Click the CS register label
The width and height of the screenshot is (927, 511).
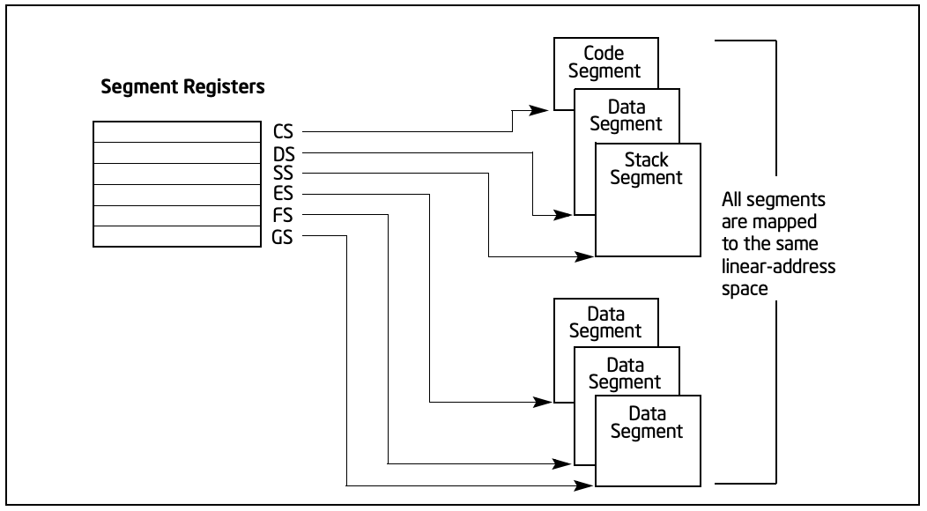(x=283, y=131)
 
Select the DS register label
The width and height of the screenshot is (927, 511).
(x=284, y=154)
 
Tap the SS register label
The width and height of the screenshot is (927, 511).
(x=283, y=174)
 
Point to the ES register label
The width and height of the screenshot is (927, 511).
(x=283, y=194)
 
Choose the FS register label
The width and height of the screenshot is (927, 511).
(x=283, y=215)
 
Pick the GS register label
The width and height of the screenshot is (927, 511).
(x=282, y=237)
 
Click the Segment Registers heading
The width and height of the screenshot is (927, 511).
(x=182, y=87)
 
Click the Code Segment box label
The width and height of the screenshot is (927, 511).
(x=604, y=62)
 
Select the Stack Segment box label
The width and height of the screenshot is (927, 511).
(x=646, y=168)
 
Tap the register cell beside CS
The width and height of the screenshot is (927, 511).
(x=177, y=132)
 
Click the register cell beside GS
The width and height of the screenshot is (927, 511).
(x=177, y=236)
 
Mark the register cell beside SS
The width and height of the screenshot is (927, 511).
(x=177, y=174)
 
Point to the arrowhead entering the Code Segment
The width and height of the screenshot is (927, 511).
(x=538, y=110)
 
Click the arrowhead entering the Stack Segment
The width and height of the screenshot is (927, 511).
(x=584, y=256)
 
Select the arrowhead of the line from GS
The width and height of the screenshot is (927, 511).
(x=584, y=485)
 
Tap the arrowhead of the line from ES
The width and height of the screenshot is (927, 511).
(x=543, y=402)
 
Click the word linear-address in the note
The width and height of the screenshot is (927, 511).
(x=779, y=267)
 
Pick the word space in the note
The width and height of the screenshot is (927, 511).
(x=745, y=289)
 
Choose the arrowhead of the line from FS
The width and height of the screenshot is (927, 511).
(x=563, y=464)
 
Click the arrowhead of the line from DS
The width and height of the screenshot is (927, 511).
(x=563, y=215)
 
